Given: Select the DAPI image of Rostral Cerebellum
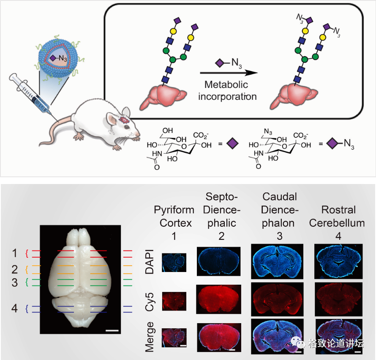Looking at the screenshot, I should click(339, 260).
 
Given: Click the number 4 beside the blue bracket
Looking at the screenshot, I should click(15, 308).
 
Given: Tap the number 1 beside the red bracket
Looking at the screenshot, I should click(15, 253).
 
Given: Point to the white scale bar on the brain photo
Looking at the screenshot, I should click(112, 329).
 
